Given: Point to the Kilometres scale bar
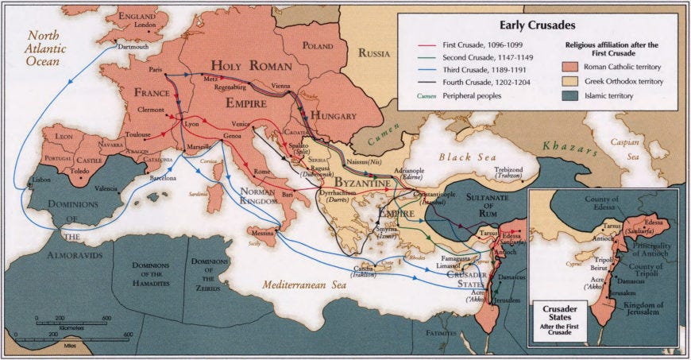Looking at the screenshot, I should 71,319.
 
